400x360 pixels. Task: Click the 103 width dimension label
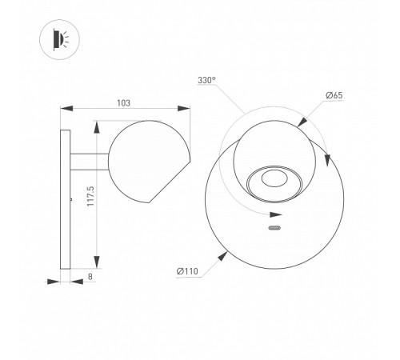[123, 102]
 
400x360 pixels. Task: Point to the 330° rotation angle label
[207, 80]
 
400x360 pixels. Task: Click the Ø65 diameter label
[334, 96]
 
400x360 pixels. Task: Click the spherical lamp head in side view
[148, 161]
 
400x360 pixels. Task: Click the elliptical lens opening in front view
[272, 182]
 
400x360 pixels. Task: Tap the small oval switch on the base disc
[274, 230]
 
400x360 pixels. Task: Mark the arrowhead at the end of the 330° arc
[277, 215]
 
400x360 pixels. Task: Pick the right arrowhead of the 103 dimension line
[186, 110]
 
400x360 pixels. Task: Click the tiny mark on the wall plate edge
[71, 196]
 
